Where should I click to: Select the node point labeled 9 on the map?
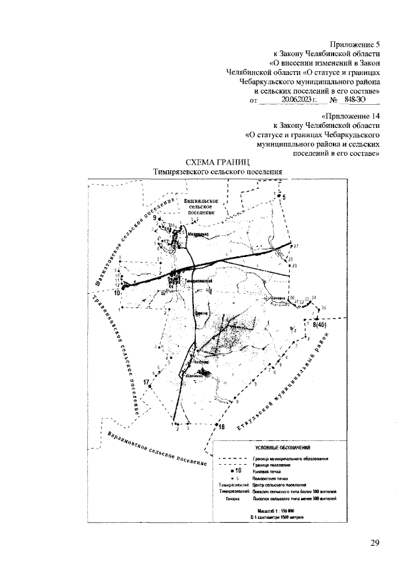point(159,220)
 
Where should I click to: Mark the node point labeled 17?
point(151,387)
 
